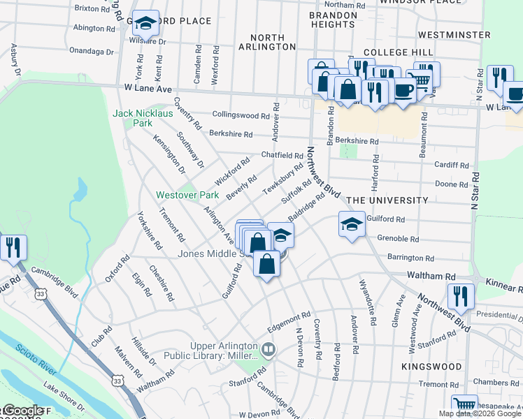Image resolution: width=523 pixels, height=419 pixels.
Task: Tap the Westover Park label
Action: [x=183, y=195]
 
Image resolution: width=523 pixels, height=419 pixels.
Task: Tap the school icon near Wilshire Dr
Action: [x=145, y=24]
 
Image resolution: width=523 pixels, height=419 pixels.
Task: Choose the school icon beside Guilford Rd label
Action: [x=352, y=224]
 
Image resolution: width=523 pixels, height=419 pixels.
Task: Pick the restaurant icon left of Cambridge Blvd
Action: [x=13, y=247]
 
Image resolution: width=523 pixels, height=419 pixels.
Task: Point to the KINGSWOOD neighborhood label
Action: [x=431, y=366]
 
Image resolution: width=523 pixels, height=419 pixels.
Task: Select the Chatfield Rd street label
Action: [x=282, y=155]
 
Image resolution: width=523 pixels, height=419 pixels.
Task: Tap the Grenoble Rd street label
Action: [x=397, y=239]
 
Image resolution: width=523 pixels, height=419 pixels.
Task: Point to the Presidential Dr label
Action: [x=498, y=315]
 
